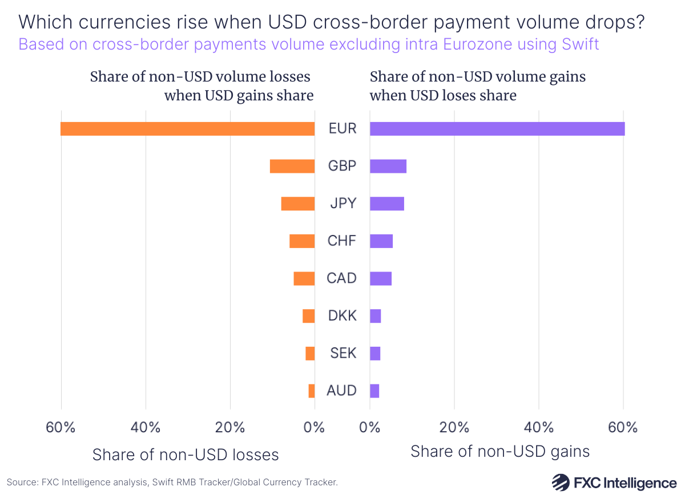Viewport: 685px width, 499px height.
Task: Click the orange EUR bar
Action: click(187, 128)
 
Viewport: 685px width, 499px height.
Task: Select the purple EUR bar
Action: click(497, 128)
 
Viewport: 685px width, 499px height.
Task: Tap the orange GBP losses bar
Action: click(292, 166)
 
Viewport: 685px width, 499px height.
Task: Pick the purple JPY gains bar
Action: click(387, 204)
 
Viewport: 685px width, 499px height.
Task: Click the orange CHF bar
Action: click(302, 241)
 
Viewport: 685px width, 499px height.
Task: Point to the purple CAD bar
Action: click(381, 278)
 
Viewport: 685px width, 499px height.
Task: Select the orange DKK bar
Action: click(309, 316)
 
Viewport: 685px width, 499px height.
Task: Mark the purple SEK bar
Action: click(375, 354)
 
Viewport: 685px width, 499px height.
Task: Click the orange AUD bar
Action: click(312, 391)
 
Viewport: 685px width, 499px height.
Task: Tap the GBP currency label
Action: click(342, 166)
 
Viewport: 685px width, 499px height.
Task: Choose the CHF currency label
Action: click(342, 241)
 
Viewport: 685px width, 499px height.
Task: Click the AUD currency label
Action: click(342, 391)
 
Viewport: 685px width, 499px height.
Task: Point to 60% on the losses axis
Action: click(61, 428)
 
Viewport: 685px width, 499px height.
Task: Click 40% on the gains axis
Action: click(538, 428)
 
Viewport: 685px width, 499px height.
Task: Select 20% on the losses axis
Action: click(230, 428)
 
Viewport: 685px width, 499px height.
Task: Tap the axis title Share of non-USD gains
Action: click(500, 452)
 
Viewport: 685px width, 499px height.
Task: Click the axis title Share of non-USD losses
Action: click(186, 455)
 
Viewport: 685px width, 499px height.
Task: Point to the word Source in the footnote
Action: click(22, 482)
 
